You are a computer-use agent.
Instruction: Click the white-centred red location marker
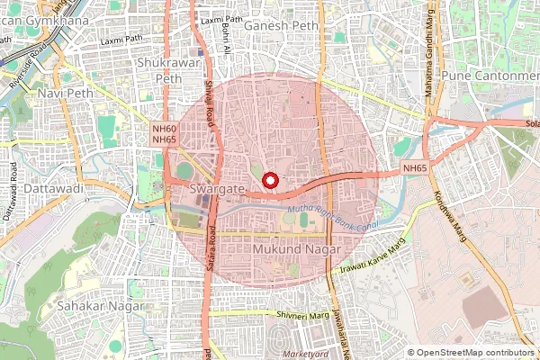(x=270, y=180)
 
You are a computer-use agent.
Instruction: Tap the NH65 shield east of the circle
(x=415, y=168)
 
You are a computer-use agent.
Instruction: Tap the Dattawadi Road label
(x=13, y=193)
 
